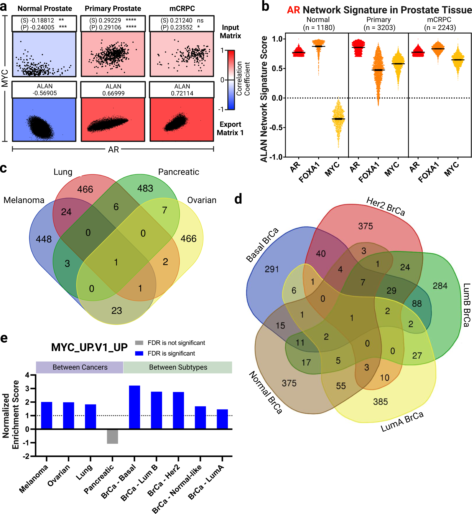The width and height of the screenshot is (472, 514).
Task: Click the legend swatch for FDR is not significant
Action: pyautogui.click(x=139, y=343)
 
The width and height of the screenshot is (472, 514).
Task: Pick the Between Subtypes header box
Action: pyautogui.click(x=178, y=367)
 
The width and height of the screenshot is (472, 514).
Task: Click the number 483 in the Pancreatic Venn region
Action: pyautogui.click(x=145, y=188)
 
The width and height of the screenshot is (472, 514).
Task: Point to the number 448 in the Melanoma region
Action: pyautogui.click(x=44, y=239)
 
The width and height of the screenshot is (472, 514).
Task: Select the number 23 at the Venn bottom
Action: pyautogui.click(x=117, y=311)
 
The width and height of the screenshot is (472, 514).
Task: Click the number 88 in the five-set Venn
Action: pyautogui.click(x=417, y=304)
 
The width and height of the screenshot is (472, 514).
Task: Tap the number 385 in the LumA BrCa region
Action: pyautogui.click(x=380, y=402)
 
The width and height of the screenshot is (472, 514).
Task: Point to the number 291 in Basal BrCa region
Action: pyautogui.click(x=272, y=269)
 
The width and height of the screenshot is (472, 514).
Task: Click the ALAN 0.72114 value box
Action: pyautogui.click(x=182, y=90)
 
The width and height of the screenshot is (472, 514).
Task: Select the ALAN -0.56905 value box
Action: pyautogui.click(x=44, y=90)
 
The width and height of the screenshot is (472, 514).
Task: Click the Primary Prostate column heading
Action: pyautogui.click(x=113, y=9)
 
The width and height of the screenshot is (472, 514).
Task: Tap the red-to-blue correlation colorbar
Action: pyautogui.click(x=231, y=80)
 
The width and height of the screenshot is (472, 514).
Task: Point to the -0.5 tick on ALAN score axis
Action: pyautogui.click(x=277, y=127)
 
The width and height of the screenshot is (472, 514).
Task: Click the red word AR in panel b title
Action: pyautogui.click(x=293, y=10)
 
